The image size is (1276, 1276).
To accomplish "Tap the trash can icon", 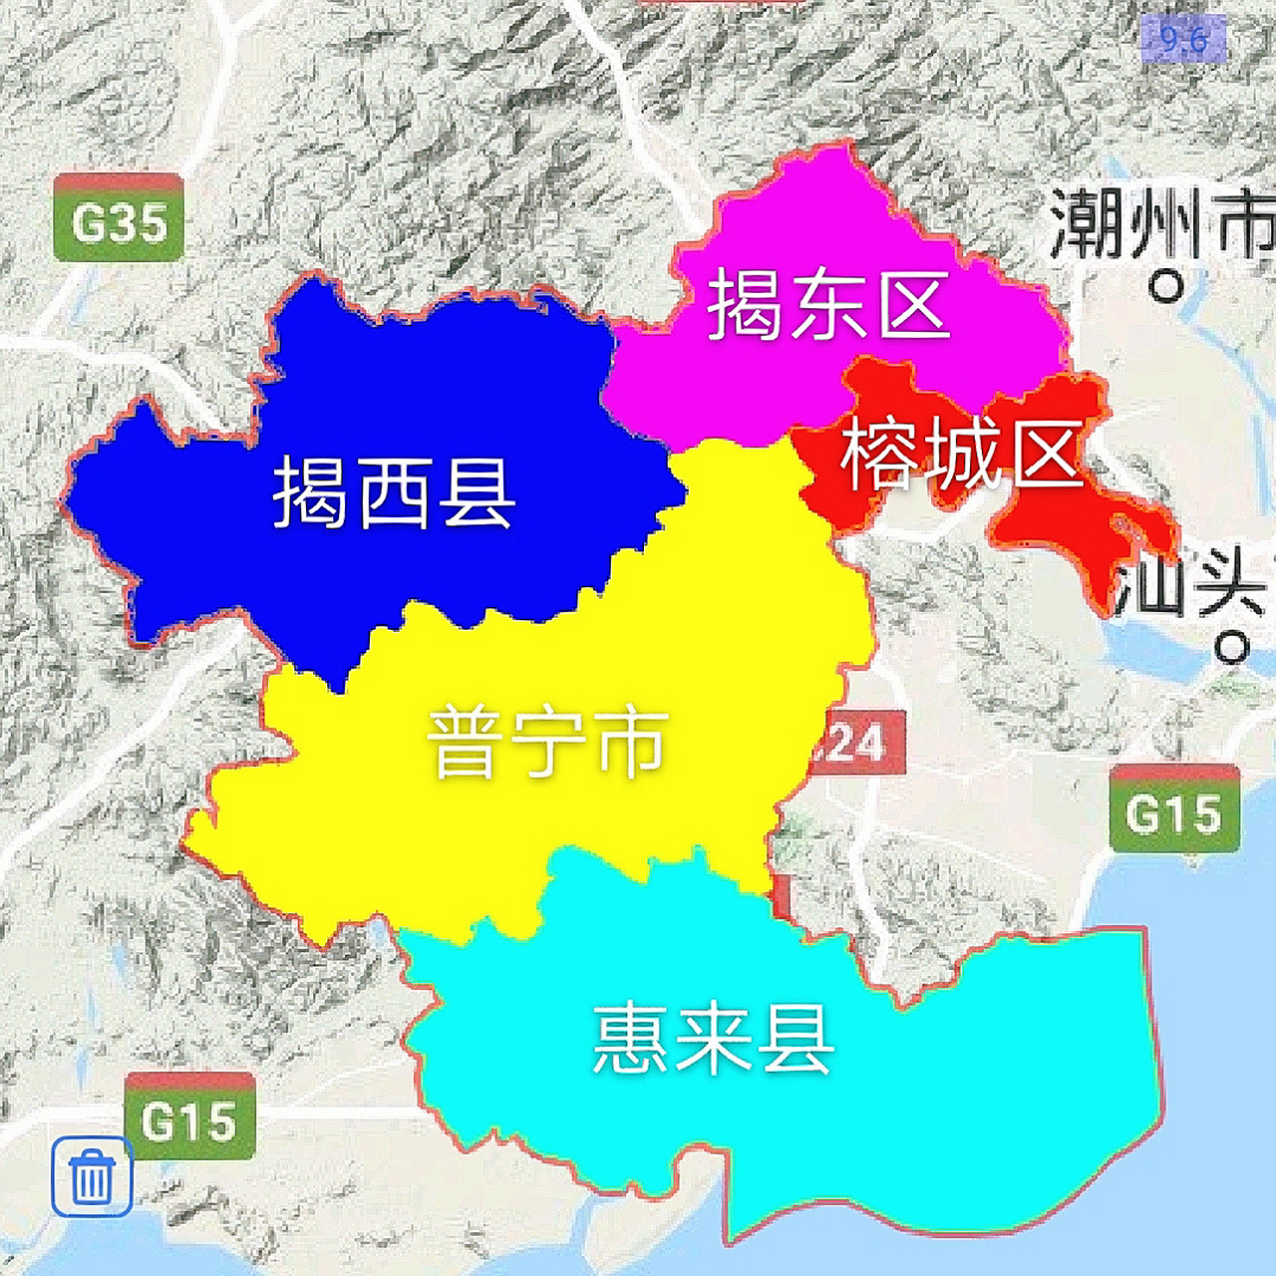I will coord(92,1176).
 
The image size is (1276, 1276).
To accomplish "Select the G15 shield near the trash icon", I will coord(189,1118).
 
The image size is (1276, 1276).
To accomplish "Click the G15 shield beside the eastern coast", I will coord(1174,809).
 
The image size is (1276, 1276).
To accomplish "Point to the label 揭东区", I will coord(827,305).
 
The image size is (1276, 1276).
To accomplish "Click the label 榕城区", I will coord(962,455).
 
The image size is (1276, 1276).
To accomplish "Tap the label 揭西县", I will coord(394,492).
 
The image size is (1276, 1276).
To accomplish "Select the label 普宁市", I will coord(547,743).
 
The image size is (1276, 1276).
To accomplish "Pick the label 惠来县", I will coord(713,1039).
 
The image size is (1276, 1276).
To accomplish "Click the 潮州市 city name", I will coord(1161,224).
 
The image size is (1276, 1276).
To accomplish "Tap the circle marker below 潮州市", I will coord(1165,287).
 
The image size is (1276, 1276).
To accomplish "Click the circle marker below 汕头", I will coord(1232,649).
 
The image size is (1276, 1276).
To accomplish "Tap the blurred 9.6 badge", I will coord(1182,40).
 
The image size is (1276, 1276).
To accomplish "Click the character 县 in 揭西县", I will coord(478,492).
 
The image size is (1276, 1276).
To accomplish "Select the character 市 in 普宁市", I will coord(631,743).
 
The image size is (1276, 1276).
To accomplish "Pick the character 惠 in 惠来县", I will coord(630,1039).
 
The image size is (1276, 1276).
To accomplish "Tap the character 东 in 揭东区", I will coord(827,305).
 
